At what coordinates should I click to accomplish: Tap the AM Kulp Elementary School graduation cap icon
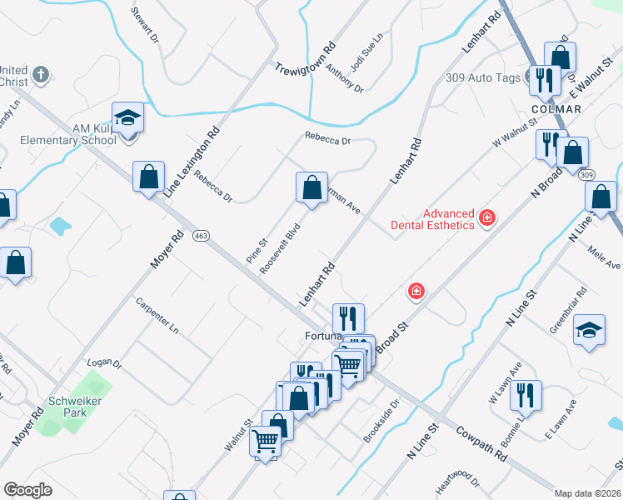[x=128, y=118]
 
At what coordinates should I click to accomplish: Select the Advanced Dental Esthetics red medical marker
[x=486, y=219]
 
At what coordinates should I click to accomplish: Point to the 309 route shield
[x=587, y=174]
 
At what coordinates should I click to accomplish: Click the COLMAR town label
[x=556, y=109]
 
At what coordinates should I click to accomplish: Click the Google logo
[x=28, y=489]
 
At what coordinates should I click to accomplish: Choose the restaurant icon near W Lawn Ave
[x=526, y=395]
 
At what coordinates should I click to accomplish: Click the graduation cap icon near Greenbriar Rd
[x=589, y=329]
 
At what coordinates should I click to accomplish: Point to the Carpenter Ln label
[x=157, y=316]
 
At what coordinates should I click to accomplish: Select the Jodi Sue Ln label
[x=366, y=52]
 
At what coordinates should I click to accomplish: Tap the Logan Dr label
[x=105, y=365]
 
